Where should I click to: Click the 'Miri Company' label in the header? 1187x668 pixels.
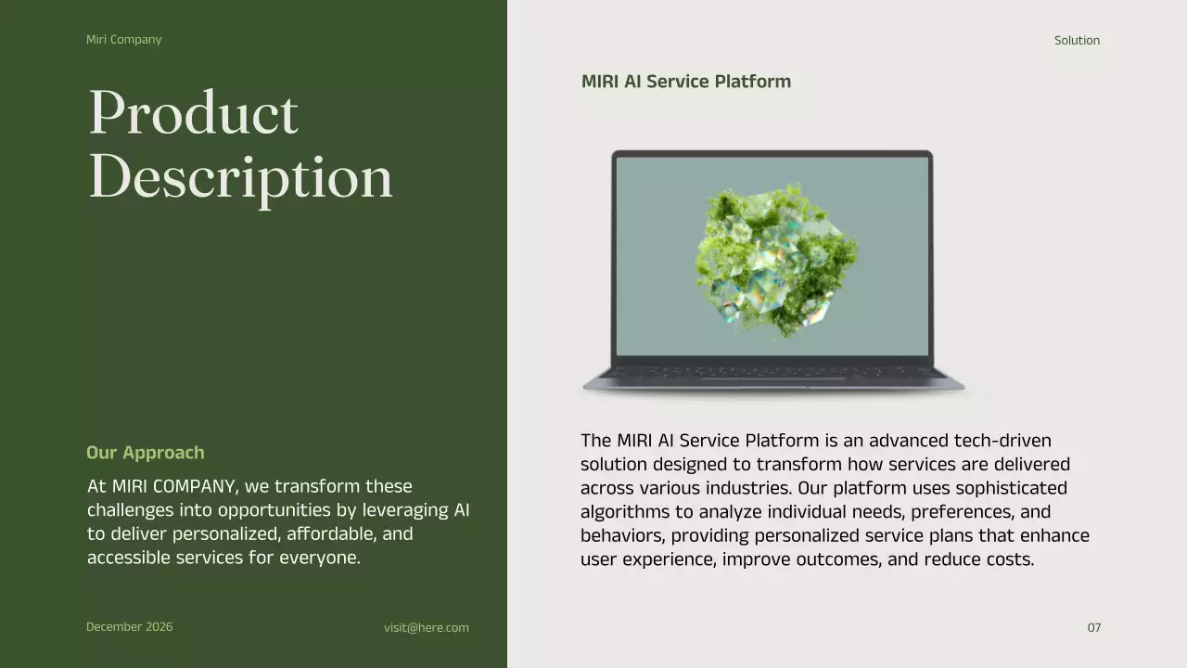point(123,40)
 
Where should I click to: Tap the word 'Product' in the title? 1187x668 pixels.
point(193,113)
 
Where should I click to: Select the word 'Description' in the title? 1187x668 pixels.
point(240,176)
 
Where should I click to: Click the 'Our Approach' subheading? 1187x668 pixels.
point(145,453)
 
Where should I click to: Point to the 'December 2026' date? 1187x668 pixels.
point(129,627)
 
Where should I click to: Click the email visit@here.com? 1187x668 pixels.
point(427,628)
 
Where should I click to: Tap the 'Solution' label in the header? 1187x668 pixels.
point(1077,41)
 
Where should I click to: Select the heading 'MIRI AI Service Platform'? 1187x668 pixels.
point(685,82)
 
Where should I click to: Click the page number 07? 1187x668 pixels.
point(1094,628)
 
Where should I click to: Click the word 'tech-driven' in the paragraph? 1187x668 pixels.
point(1006,441)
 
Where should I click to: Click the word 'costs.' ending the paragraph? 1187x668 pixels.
point(1009,559)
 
